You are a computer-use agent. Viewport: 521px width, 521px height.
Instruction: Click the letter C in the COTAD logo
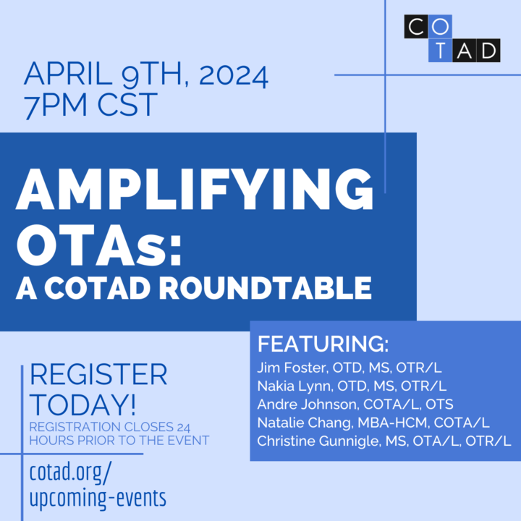(x=416, y=27)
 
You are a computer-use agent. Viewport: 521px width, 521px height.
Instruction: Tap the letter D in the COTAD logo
(x=488, y=49)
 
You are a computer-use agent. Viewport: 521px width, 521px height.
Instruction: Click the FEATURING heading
(x=323, y=343)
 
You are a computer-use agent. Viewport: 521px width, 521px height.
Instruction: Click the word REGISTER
(x=98, y=375)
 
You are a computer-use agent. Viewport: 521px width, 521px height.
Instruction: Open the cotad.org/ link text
(x=71, y=470)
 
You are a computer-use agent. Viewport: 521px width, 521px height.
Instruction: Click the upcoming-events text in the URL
(x=98, y=498)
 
